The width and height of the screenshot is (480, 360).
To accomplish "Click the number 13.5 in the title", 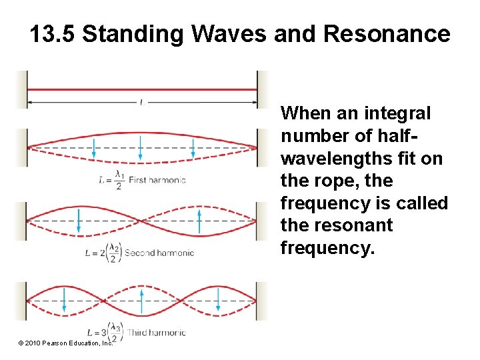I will (53, 34).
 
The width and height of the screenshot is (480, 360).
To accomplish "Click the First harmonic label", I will (157, 179).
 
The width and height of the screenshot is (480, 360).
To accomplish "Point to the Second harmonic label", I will (159, 253).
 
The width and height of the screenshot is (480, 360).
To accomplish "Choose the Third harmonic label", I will (157, 332).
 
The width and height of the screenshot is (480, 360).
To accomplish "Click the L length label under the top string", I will (141, 102).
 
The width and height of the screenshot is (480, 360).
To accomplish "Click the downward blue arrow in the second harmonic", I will (79, 221).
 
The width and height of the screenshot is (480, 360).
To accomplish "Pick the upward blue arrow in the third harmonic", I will (141, 300).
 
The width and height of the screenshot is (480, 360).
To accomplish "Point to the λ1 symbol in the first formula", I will (119, 175).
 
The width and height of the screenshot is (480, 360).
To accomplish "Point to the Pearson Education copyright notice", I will (65, 343).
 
